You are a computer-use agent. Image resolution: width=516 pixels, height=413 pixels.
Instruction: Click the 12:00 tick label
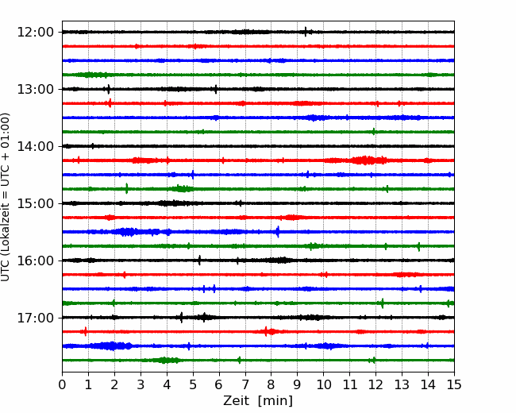35,33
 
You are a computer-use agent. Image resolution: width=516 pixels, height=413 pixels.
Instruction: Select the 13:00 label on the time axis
35,89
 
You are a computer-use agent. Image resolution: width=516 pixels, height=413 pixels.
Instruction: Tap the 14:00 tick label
35,146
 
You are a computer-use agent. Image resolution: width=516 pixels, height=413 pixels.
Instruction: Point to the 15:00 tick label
35,203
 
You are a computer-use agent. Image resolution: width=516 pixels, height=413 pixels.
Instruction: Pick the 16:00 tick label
35,261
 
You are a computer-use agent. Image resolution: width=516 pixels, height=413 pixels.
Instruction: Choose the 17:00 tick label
35,318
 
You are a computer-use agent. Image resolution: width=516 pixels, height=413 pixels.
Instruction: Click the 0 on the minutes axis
62,384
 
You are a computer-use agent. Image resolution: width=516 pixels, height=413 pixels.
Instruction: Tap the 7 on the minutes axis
245,384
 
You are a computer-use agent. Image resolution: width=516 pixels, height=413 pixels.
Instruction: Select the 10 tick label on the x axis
323,384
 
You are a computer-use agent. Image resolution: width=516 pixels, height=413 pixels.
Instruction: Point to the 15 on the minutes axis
454,384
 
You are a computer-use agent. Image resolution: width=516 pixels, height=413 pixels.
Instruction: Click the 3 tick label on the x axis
141,384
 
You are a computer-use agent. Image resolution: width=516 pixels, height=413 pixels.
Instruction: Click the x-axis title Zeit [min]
258,401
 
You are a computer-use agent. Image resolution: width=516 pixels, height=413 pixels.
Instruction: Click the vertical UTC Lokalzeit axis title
6,197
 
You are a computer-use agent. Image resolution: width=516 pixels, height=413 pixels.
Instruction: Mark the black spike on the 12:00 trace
306,32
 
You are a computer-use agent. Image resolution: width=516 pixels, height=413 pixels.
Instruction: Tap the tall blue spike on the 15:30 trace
278,232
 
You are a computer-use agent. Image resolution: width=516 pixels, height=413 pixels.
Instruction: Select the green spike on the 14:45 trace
127,188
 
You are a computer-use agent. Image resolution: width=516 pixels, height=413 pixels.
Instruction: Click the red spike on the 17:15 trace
86,331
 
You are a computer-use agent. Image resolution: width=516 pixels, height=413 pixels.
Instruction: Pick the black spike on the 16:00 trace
199,261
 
